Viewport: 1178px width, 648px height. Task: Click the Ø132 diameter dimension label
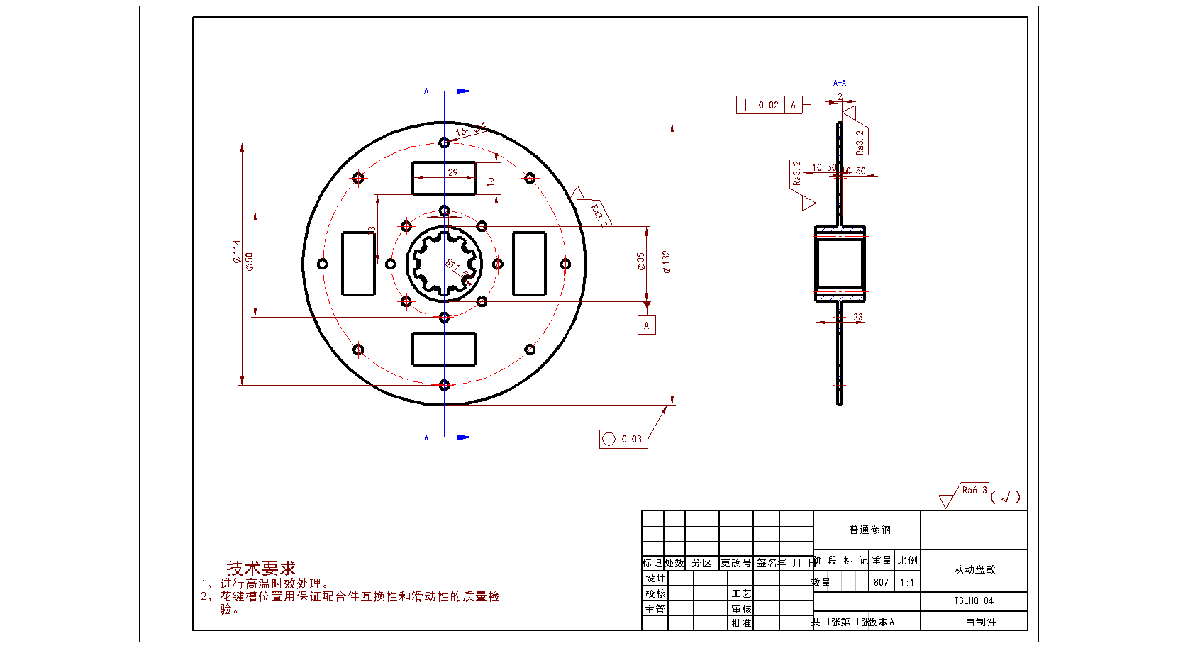click(x=666, y=262)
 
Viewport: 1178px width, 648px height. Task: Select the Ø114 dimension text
click(x=236, y=251)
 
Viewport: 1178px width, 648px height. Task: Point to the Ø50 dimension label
click(x=249, y=261)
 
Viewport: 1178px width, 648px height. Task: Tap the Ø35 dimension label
click(x=640, y=262)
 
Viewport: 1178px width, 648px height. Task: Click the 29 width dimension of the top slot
click(x=452, y=172)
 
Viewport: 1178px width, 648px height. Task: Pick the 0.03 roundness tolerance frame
click(x=623, y=439)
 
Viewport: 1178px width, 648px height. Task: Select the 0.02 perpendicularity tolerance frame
click(x=769, y=105)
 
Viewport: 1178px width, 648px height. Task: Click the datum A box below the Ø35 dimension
click(x=646, y=325)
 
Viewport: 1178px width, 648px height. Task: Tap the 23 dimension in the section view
click(x=858, y=317)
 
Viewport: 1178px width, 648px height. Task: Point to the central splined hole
click(x=444, y=264)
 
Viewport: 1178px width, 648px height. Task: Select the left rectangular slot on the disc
click(x=358, y=263)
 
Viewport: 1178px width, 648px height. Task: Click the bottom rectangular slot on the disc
click(x=444, y=349)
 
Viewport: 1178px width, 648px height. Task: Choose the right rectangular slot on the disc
click(x=529, y=263)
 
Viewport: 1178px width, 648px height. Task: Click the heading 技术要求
click(x=261, y=568)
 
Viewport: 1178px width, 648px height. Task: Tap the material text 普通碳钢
click(x=869, y=530)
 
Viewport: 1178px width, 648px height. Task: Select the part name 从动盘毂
click(x=974, y=569)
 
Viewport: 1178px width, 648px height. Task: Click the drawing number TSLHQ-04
click(x=974, y=600)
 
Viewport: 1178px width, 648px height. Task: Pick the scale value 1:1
click(x=907, y=582)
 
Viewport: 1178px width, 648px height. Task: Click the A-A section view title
click(x=840, y=83)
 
